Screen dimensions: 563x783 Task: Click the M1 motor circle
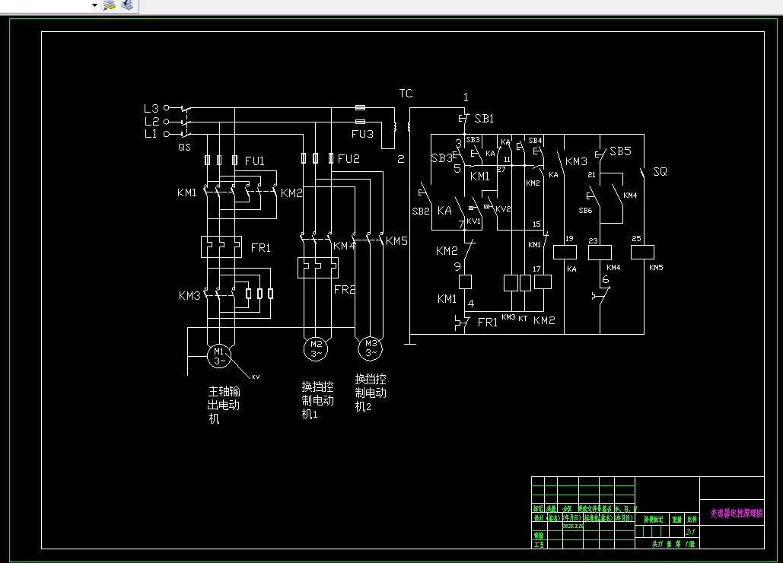pyautogui.click(x=219, y=355)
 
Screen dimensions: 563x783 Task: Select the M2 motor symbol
pyautogui.click(x=315, y=348)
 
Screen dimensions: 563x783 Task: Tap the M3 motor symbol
pyautogui.click(x=370, y=348)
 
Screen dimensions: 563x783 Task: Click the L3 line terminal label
pyautogui.click(x=151, y=108)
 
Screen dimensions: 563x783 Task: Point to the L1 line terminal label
pyautogui.click(x=151, y=134)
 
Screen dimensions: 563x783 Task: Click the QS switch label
pyautogui.click(x=184, y=147)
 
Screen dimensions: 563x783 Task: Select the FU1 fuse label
pyautogui.click(x=255, y=161)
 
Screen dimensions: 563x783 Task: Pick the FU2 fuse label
pyautogui.click(x=349, y=159)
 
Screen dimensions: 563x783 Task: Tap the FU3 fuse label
pyautogui.click(x=362, y=135)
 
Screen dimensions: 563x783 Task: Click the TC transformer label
pyautogui.click(x=406, y=94)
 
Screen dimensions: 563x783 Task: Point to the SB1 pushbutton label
pyautogui.click(x=484, y=119)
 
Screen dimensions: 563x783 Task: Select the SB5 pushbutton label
pyautogui.click(x=620, y=151)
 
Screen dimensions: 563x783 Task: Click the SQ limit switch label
pyautogui.click(x=660, y=172)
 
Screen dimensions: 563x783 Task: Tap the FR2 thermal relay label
pyautogui.click(x=345, y=290)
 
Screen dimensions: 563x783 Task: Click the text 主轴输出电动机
pyautogui.click(x=224, y=405)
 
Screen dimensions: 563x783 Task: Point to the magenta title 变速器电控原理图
pyautogui.click(x=731, y=514)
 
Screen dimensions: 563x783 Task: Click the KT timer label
pyautogui.click(x=523, y=318)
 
